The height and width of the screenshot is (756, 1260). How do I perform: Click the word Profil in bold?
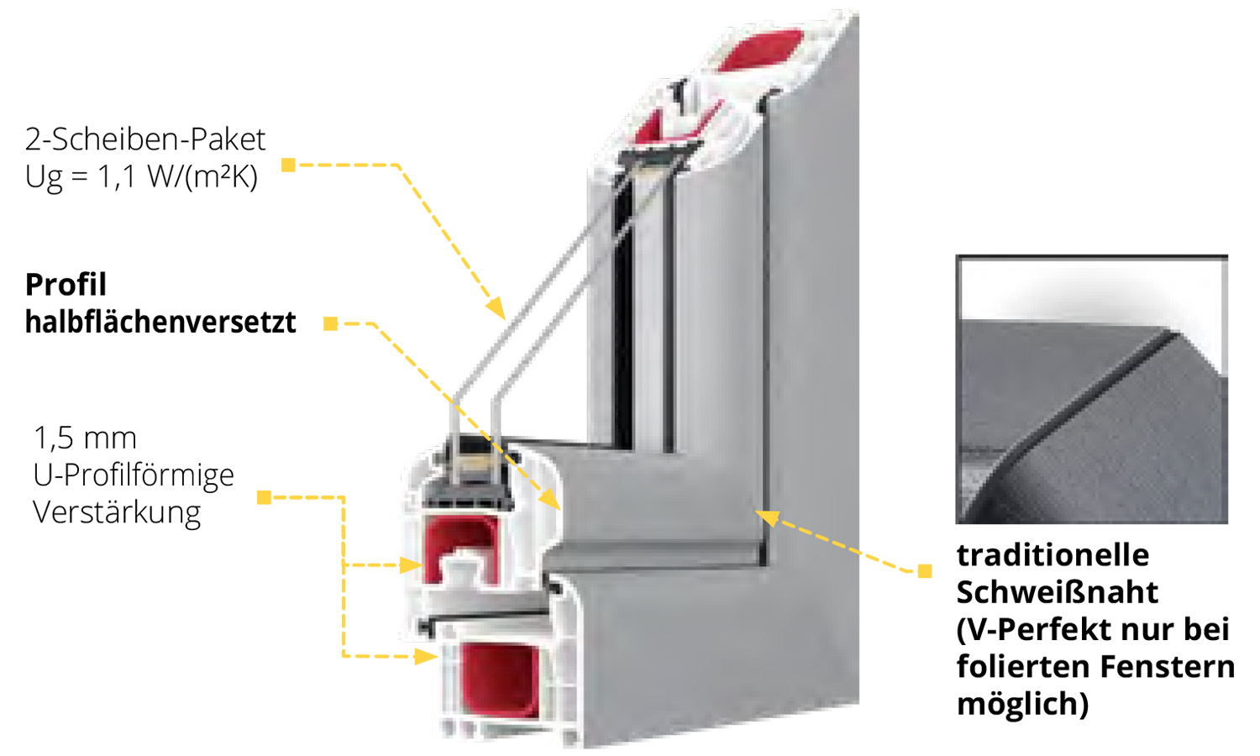point(66,285)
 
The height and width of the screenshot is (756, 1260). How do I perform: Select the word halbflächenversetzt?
point(160,322)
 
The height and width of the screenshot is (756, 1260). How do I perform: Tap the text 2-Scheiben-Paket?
point(145,139)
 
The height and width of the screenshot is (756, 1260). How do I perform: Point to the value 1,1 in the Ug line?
point(118,176)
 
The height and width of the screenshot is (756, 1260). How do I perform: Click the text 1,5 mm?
point(85,438)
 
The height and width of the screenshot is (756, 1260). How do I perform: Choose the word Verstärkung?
point(117,512)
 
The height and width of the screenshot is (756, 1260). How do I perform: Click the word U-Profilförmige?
point(134,475)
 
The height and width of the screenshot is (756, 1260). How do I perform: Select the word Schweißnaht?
point(1057,592)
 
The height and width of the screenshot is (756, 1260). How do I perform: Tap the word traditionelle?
point(1053,555)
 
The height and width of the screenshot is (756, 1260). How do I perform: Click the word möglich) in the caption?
point(1022,703)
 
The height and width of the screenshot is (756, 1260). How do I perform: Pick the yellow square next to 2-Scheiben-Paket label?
point(288,165)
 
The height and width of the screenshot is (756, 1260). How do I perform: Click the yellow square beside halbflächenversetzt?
point(331,323)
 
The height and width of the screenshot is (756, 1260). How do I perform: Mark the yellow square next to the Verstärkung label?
point(264,497)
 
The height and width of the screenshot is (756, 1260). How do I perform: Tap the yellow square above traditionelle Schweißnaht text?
point(925,571)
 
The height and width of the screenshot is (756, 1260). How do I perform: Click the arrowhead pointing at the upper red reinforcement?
point(412,565)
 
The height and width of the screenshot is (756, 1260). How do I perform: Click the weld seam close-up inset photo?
point(1091,390)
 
